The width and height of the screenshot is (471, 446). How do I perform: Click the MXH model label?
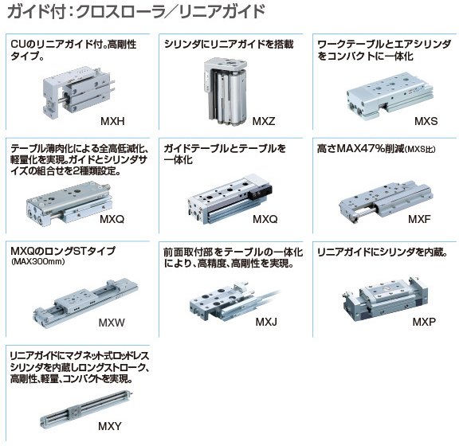tap(112, 121)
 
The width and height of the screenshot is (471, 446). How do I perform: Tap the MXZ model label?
tap(264, 121)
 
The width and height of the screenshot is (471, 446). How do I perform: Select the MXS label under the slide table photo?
tap(426, 121)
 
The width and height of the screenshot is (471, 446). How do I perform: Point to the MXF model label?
tap(419, 219)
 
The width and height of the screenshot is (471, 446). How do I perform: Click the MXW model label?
tap(112, 323)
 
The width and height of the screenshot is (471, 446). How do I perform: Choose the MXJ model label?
tap(266, 322)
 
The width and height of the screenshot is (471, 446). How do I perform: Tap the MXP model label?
tap(424, 322)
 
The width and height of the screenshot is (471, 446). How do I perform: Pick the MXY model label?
tap(110, 426)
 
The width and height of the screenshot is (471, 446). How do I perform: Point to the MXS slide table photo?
tap(390, 96)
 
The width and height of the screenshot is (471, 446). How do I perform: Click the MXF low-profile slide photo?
tap(387, 201)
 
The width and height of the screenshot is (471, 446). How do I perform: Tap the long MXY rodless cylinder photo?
tap(86, 409)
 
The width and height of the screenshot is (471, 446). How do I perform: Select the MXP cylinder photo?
tap(385, 298)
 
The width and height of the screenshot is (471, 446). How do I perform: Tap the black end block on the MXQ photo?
tap(260, 192)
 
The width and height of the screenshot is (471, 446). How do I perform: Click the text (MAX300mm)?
tap(37, 262)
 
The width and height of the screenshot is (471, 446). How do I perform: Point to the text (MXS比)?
tap(420, 149)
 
